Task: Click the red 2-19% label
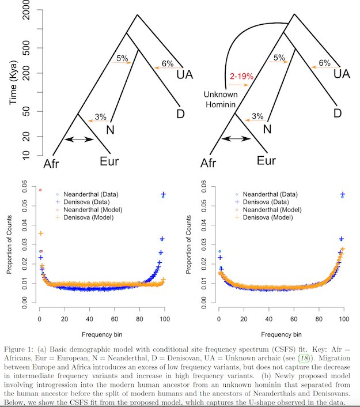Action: pos(234,76)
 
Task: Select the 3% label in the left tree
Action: pos(100,116)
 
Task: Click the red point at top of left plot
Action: pos(40,189)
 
